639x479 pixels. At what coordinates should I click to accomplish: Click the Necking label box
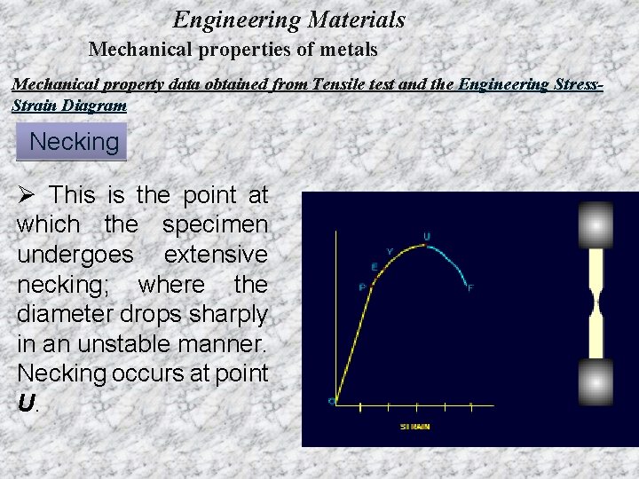click(x=73, y=142)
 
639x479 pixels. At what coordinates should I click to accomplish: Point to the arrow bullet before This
click(x=27, y=195)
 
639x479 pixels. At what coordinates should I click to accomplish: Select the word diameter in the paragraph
click(x=63, y=316)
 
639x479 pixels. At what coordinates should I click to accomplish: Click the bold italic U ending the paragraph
click(x=26, y=404)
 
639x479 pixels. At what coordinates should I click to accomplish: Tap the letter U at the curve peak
click(x=427, y=236)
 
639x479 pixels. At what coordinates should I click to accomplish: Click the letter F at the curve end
click(x=470, y=287)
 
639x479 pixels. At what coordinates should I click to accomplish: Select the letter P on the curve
click(x=362, y=286)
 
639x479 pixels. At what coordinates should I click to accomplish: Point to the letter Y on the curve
click(x=390, y=251)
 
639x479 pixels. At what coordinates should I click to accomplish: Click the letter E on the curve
click(x=374, y=266)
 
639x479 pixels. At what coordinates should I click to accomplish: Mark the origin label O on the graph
click(x=331, y=402)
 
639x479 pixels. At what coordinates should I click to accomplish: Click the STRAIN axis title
click(x=414, y=427)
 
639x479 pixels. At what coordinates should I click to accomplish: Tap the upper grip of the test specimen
click(x=596, y=225)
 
